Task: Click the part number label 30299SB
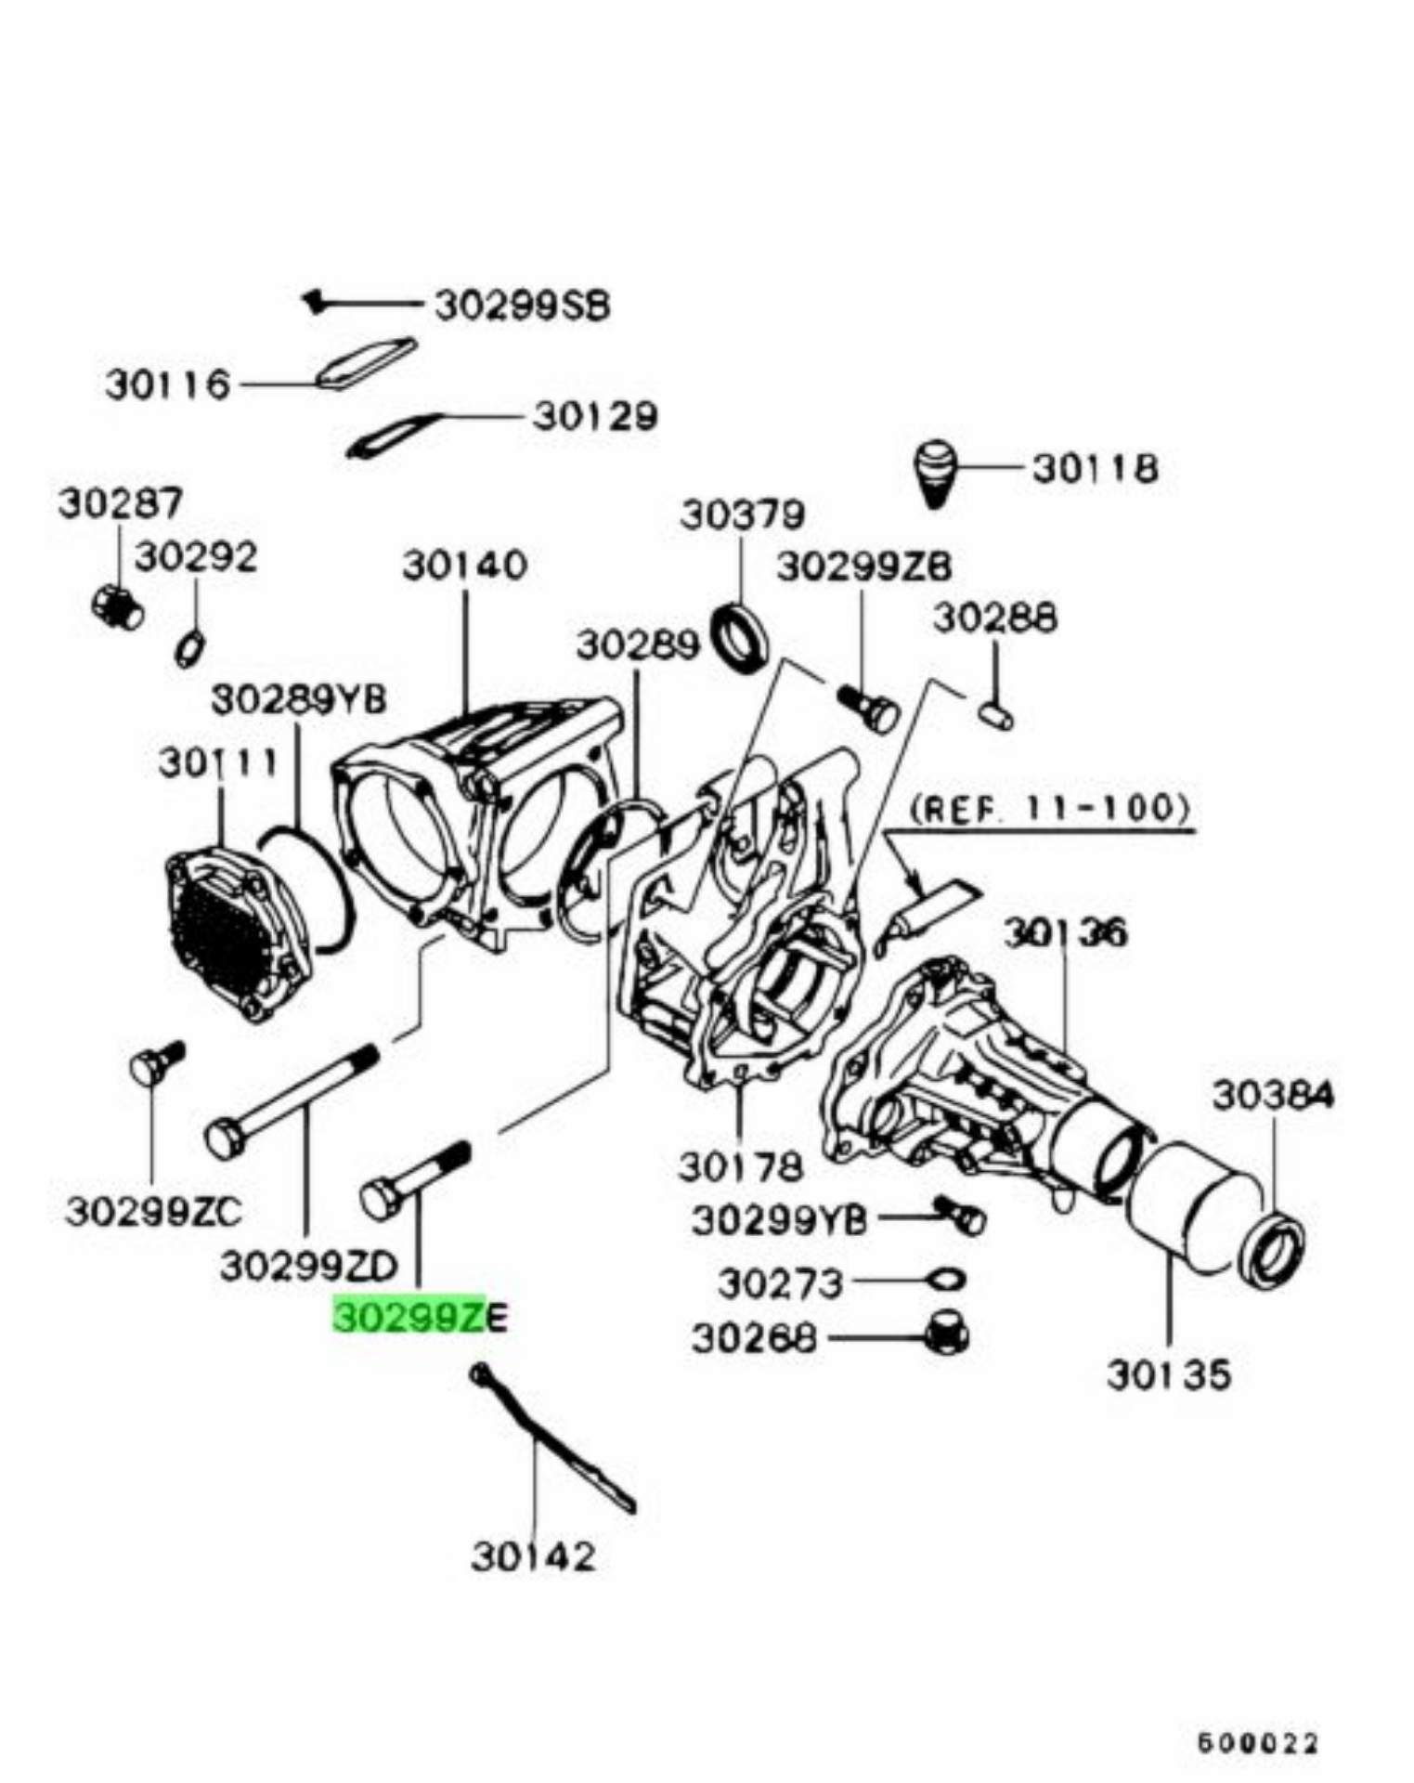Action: tap(523, 306)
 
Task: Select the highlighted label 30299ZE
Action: tap(420, 1317)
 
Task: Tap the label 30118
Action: tap(1096, 468)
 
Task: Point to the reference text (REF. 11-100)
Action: tap(1049, 808)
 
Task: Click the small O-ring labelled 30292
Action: tap(190, 647)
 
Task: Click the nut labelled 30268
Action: tap(947, 1335)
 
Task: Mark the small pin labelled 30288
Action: tap(996, 717)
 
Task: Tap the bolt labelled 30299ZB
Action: tap(869, 708)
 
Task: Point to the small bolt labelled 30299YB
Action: tap(961, 1215)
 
